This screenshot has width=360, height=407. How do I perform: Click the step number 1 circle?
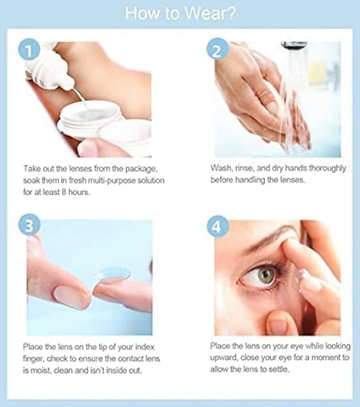coord(29,51)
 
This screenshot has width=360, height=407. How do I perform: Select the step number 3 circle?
coord(29,225)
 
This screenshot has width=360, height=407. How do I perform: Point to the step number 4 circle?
coord(218,226)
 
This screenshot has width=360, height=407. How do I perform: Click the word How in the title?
coord(142,13)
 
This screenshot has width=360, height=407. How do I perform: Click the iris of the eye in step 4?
coord(266,274)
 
